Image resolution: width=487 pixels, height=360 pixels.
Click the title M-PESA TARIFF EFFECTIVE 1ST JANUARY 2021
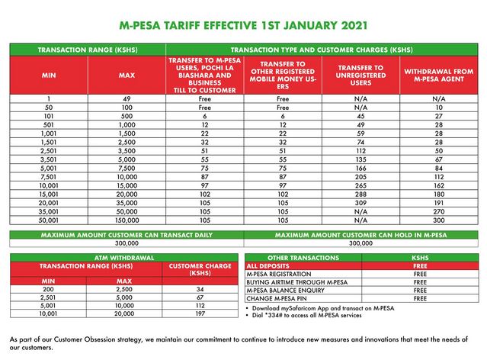(244, 24)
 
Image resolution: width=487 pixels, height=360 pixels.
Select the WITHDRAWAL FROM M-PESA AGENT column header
(438, 77)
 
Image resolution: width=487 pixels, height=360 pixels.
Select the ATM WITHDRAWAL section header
(124, 258)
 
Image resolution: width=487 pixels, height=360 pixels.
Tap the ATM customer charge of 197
(199, 312)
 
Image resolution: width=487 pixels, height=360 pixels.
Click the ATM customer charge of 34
(199, 289)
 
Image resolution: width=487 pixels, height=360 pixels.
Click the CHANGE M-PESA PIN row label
(275, 297)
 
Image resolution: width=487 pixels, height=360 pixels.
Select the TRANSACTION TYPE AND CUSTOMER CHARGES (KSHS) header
(361, 50)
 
